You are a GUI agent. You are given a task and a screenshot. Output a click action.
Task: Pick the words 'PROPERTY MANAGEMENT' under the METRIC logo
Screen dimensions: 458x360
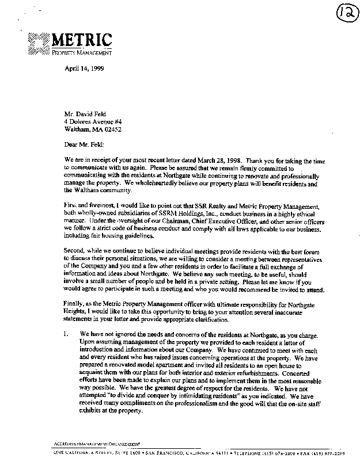click(81, 53)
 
